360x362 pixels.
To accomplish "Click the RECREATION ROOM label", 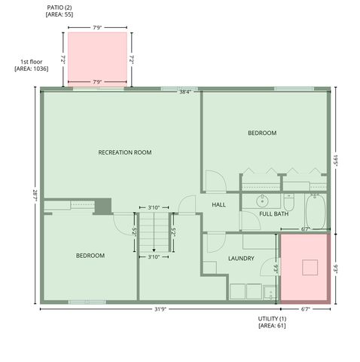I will coord(125,152).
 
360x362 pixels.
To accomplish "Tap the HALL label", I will coord(218,204).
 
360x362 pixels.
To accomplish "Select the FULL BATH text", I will coord(273,214).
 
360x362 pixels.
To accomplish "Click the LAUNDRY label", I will coord(241,259).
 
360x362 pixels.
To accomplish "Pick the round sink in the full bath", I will coord(262,201).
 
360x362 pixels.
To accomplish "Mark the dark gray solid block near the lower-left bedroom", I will coord(102,206).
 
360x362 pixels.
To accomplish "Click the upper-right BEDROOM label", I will coord(262,133).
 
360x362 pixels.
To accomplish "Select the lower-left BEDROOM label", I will coord(90,256).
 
